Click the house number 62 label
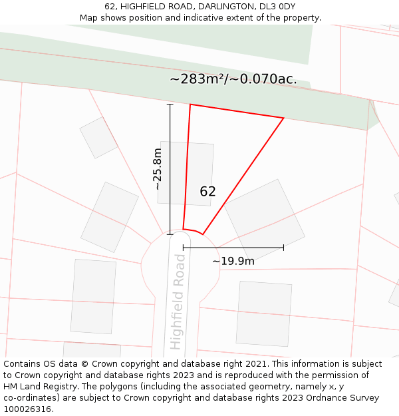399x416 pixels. coord(207,192)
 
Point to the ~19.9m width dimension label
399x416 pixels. coord(233,261)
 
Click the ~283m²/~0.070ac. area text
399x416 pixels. coord(233,79)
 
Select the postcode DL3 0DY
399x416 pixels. coord(277,7)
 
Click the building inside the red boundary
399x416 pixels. coord(186,172)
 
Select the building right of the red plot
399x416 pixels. coord(264,218)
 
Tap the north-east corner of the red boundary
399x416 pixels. coord(284,118)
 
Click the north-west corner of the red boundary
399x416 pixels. coord(190,104)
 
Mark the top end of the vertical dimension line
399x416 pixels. coord(170,104)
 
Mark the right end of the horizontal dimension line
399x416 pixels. coord(284,247)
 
